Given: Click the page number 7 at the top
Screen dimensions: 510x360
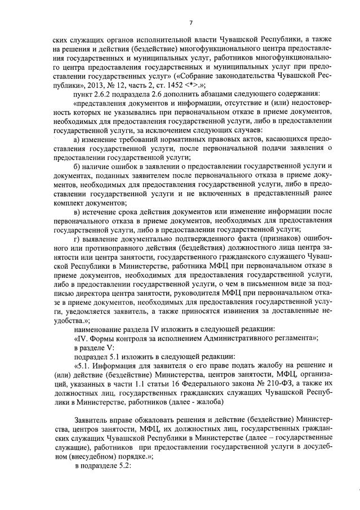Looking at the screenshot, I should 191,23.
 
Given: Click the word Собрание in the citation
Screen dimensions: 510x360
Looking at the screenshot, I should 211,73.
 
